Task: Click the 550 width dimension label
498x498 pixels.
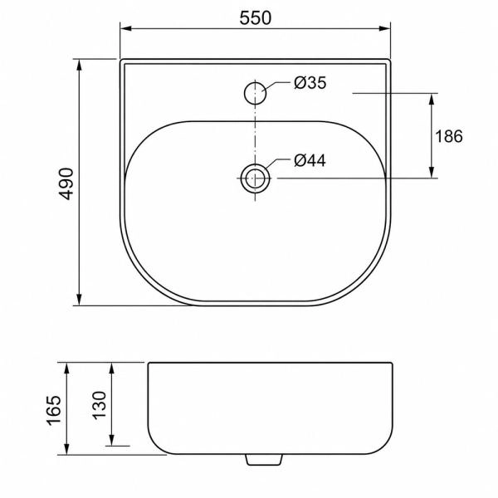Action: click(x=256, y=17)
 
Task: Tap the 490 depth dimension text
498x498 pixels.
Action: click(x=66, y=183)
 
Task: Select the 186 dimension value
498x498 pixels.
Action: click(x=449, y=136)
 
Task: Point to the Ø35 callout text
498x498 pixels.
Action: click(x=310, y=83)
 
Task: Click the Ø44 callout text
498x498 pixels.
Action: click(x=310, y=160)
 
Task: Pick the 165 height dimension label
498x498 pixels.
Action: click(x=53, y=410)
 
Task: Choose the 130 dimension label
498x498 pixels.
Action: click(x=99, y=405)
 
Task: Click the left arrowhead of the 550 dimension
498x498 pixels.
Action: click(x=126, y=28)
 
